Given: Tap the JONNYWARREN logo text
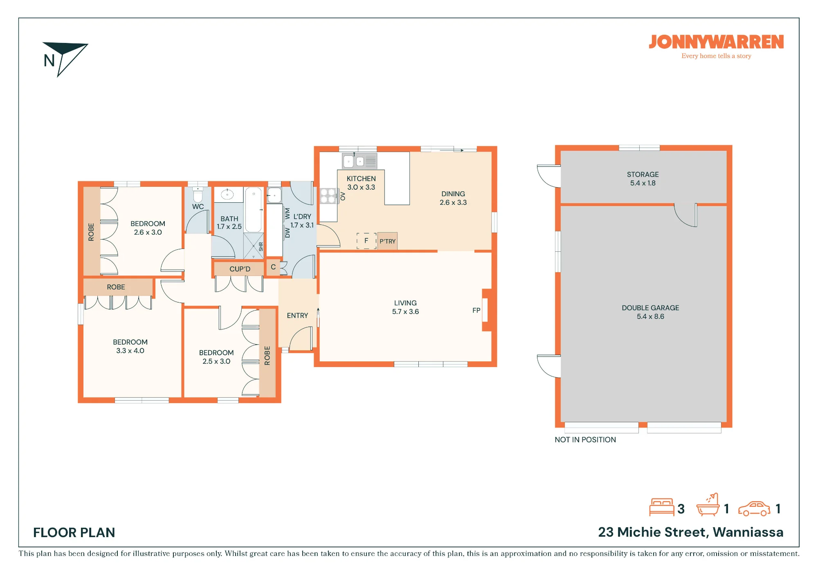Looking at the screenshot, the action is (x=716, y=42).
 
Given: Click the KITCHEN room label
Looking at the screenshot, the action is (x=361, y=179).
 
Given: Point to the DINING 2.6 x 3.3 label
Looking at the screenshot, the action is (x=453, y=198).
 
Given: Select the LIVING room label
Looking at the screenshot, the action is (x=405, y=303).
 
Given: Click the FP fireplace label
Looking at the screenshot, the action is (x=476, y=310).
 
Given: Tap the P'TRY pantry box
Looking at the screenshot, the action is (x=387, y=241).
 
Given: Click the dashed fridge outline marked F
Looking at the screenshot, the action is (x=366, y=241).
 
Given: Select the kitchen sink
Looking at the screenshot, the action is (x=360, y=161).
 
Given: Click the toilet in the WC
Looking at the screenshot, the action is (x=198, y=195).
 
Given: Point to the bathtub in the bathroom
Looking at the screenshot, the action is (x=254, y=210).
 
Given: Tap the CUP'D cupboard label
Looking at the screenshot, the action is (x=240, y=269).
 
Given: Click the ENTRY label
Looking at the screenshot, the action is (x=297, y=316).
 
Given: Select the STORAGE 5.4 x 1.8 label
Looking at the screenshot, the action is (x=643, y=179).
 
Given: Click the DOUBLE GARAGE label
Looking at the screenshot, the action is (x=650, y=308).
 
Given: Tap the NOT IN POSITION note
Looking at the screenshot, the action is (x=585, y=440).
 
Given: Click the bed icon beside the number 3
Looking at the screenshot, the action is (x=662, y=507).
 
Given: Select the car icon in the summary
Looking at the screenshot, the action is (x=754, y=509).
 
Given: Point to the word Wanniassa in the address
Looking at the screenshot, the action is (x=748, y=532).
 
